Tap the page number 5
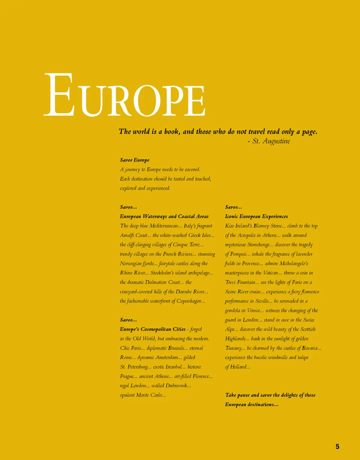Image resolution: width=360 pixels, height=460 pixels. click(x=337, y=447)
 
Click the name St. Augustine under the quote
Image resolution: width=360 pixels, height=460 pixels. click(x=271, y=141)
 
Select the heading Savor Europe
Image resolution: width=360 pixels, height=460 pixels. click(x=135, y=160)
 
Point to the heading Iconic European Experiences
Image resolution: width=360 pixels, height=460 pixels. click(x=256, y=217)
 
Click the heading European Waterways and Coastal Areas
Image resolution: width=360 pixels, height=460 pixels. click(x=164, y=217)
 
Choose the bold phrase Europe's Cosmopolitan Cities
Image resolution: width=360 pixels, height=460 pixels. click(x=153, y=329)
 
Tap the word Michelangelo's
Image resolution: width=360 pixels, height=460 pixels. click(x=294, y=264)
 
